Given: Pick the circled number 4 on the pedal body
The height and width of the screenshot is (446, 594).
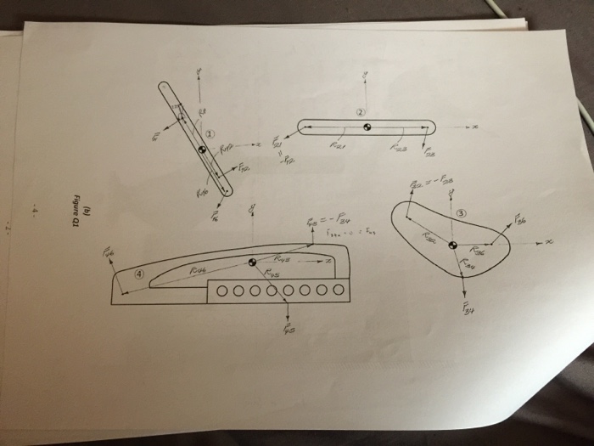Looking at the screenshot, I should tap(140, 273).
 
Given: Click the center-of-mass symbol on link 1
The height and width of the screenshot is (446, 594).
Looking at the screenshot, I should tap(202, 150).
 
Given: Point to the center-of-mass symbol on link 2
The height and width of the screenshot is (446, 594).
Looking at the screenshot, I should tap(367, 127).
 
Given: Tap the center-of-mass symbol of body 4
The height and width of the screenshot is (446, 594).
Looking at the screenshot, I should tap(252, 263).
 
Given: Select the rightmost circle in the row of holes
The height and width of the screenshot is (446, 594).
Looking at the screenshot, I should tap(339, 290).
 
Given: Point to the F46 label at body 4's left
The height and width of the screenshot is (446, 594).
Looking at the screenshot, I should tap(109, 252).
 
